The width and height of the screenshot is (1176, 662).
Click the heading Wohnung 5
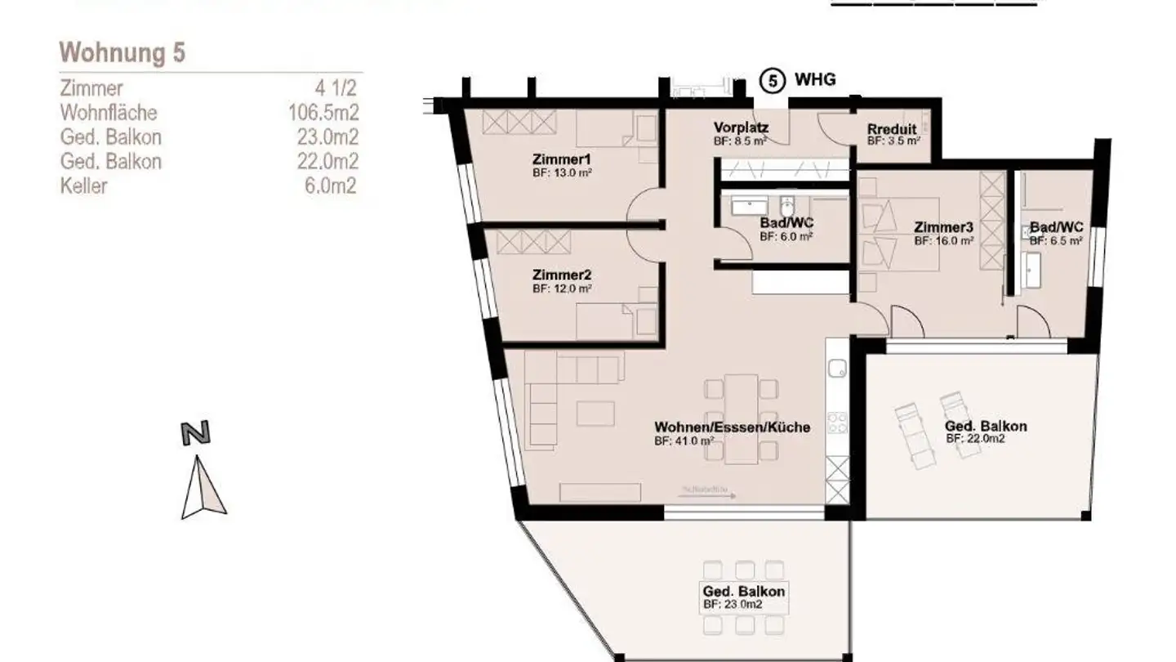click(122, 53)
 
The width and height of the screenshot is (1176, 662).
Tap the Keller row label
click(83, 186)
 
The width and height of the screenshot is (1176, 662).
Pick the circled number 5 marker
click(773, 80)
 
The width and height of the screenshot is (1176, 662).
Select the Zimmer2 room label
click(561, 275)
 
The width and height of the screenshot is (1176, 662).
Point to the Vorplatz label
click(741, 127)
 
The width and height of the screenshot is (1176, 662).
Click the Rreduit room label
click(892, 129)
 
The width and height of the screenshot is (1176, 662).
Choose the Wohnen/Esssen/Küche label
click(732, 427)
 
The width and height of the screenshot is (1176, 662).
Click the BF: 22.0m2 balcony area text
click(975, 439)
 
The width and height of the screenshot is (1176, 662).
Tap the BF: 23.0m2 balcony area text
click(733, 605)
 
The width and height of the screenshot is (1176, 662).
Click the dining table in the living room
click(742, 418)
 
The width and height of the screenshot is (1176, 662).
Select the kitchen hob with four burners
click(838, 423)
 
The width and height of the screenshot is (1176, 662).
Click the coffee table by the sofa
click(595, 413)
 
